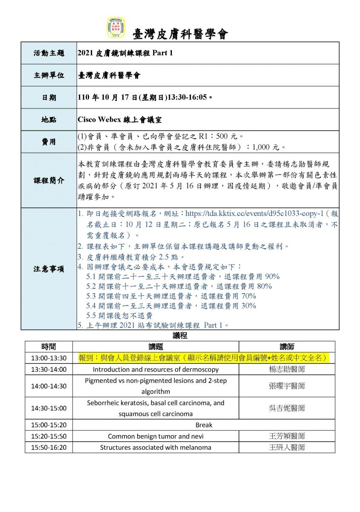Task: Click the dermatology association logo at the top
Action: [116, 28]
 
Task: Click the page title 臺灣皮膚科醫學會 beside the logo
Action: [181, 34]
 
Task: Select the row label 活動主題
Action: [49, 53]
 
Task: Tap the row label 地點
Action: [49, 120]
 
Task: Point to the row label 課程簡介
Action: [49, 180]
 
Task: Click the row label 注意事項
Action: [49, 269]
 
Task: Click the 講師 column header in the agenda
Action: [287, 347]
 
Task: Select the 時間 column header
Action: [49, 347]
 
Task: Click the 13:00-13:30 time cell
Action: [49, 358]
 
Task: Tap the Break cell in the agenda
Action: [203, 425]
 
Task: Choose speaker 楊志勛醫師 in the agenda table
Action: [287, 369]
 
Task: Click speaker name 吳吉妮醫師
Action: [287, 408]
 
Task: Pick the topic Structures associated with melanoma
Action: [156, 448]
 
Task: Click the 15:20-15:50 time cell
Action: [49, 436]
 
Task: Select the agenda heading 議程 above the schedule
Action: [180, 336]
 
